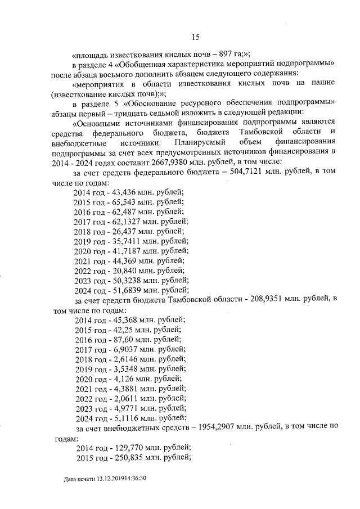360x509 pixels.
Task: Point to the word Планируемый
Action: (x=197, y=142)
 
